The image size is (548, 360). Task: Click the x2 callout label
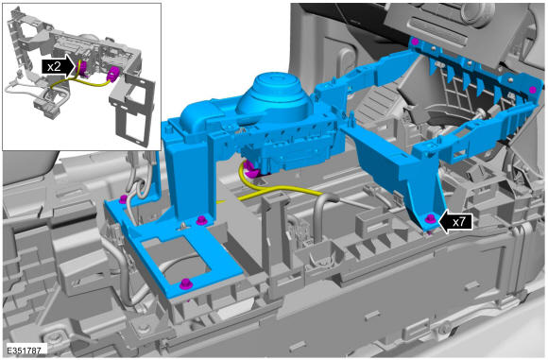(54, 66)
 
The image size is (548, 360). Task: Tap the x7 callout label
(458, 222)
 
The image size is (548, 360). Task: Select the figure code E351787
(24, 350)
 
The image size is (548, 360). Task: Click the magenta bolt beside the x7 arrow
(430, 220)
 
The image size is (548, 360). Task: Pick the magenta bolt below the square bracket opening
(185, 283)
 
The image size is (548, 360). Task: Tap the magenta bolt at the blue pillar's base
(200, 220)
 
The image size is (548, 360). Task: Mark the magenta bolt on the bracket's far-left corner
(123, 199)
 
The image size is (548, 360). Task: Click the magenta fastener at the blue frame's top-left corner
(415, 42)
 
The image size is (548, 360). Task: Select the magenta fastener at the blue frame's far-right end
(533, 90)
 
